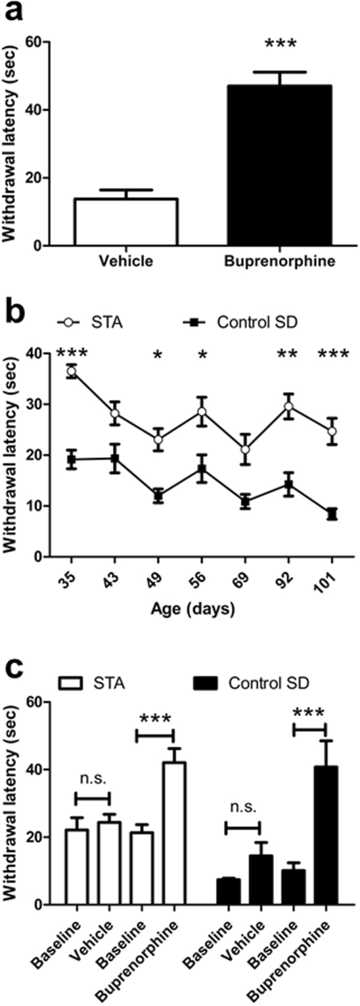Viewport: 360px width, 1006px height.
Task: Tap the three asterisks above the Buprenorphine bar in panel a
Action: tap(281, 45)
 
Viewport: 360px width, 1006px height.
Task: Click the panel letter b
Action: tap(14, 309)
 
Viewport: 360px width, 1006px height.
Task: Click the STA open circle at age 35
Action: tap(71, 372)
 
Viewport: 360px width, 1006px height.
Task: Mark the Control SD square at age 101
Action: tap(332, 514)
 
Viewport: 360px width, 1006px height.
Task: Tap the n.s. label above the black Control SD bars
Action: tap(242, 803)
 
